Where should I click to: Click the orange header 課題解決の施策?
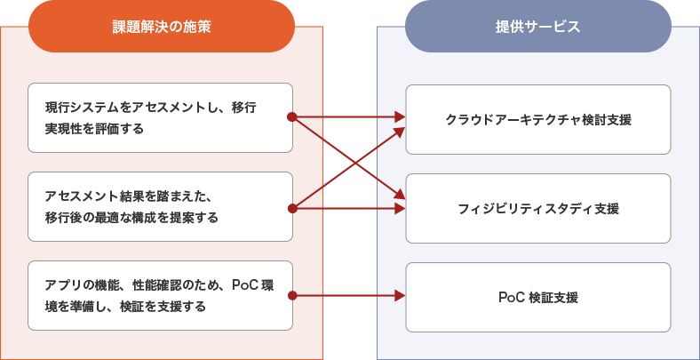(x=161, y=27)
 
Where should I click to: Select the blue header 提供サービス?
(x=537, y=27)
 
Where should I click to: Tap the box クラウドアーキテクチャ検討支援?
(x=537, y=119)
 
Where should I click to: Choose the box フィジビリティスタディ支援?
(x=537, y=208)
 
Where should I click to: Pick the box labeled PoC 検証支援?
(x=537, y=297)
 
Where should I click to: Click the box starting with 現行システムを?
(x=160, y=117)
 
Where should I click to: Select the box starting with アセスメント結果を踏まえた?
(x=160, y=206)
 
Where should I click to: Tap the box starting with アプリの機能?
(x=160, y=295)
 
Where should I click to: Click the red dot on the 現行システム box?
(x=291, y=116)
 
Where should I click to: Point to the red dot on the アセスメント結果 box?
(x=291, y=208)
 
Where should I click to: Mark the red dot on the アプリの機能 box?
(x=291, y=295)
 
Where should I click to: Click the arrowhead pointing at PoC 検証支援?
(x=400, y=295)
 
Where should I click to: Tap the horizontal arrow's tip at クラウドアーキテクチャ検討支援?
(x=400, y=116)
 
